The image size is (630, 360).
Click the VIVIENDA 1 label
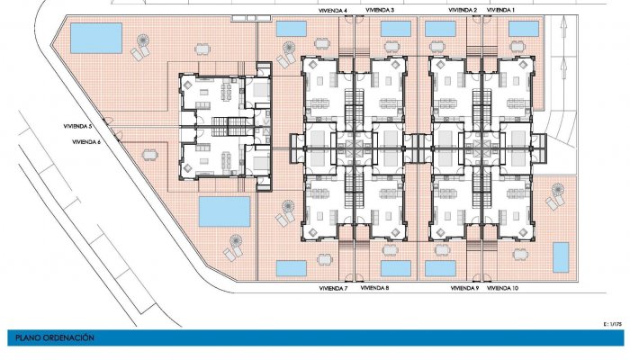pyautogui.click(x=500, y=9)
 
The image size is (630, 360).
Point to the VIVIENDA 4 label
pyautogui.click(x=333, y=9)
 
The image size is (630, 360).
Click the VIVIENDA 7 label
pyautogui.click(x=333, y=289)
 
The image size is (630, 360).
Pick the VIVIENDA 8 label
pyautogui.click(x=374, y=289)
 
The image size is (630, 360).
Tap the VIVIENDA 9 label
pyautogui.click(x=463, y=289)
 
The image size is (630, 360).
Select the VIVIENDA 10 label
pyautogui.click(x=502, y=289)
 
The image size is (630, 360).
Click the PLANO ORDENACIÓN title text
pyautogui.click(x=55, y=337)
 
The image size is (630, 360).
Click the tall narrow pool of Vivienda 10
pyautogui.click(x=560, y=256)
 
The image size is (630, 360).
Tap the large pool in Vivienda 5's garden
pyautogui.click(x=96, y=38)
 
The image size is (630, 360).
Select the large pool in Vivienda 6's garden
pyautogui.click(x=224, y=212)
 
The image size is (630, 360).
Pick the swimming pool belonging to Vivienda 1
pyautogui.click(x=523, y=29)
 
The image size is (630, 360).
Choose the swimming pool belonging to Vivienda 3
pyautogui.click(x=396, y=29)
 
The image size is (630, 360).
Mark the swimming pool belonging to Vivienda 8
pyautogui.click(x=396, y=268)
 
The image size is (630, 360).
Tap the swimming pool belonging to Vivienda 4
pyautogui.click(x=292, y=29)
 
